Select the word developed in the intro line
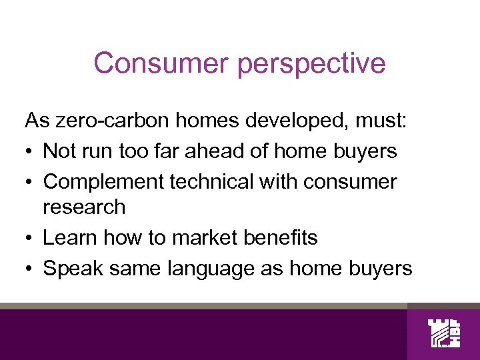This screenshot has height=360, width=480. tap(280, 121)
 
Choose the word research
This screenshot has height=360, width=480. tap(84, 207)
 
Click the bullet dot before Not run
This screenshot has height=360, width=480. tap(29, 152)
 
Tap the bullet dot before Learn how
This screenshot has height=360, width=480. tap(29, 238)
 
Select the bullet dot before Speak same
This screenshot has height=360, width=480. tap(29, 269)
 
